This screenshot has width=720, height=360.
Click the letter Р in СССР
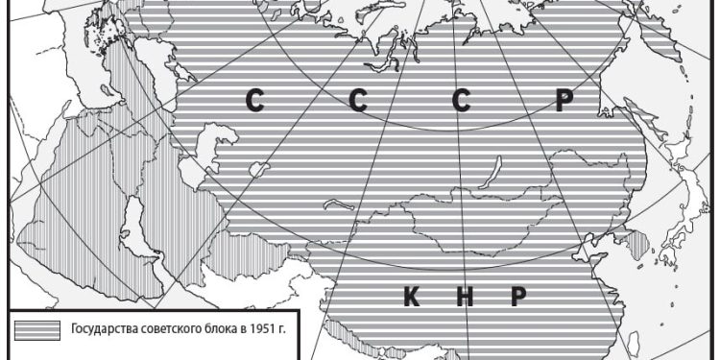[564, 103]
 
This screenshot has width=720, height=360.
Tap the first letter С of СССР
[254, 103]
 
